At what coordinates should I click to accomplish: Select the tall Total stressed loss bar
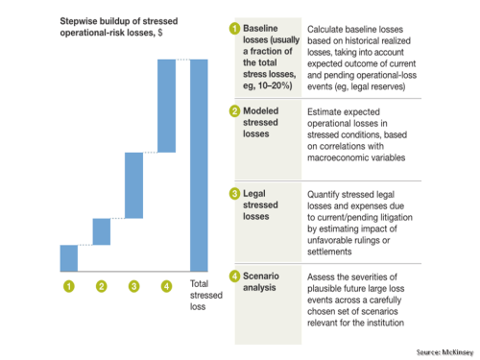(200, 164)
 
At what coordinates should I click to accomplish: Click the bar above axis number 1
(69, 257)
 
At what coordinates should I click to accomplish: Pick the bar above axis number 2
(102, 231)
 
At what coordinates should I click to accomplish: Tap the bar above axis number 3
(133, 184)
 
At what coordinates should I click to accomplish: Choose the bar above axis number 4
(166, 106)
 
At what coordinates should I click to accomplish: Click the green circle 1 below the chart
(69, 285)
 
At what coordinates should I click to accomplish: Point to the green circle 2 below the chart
(102, 285)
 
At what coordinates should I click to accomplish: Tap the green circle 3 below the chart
(133, 285)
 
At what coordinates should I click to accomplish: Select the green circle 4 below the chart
(166, 285)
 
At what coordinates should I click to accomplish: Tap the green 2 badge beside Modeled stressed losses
(232, 112)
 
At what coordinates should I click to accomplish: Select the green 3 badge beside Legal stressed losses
(232, 195)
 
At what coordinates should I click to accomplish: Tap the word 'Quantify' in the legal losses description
(327, 195)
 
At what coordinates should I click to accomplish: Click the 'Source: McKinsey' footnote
(444, 352)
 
